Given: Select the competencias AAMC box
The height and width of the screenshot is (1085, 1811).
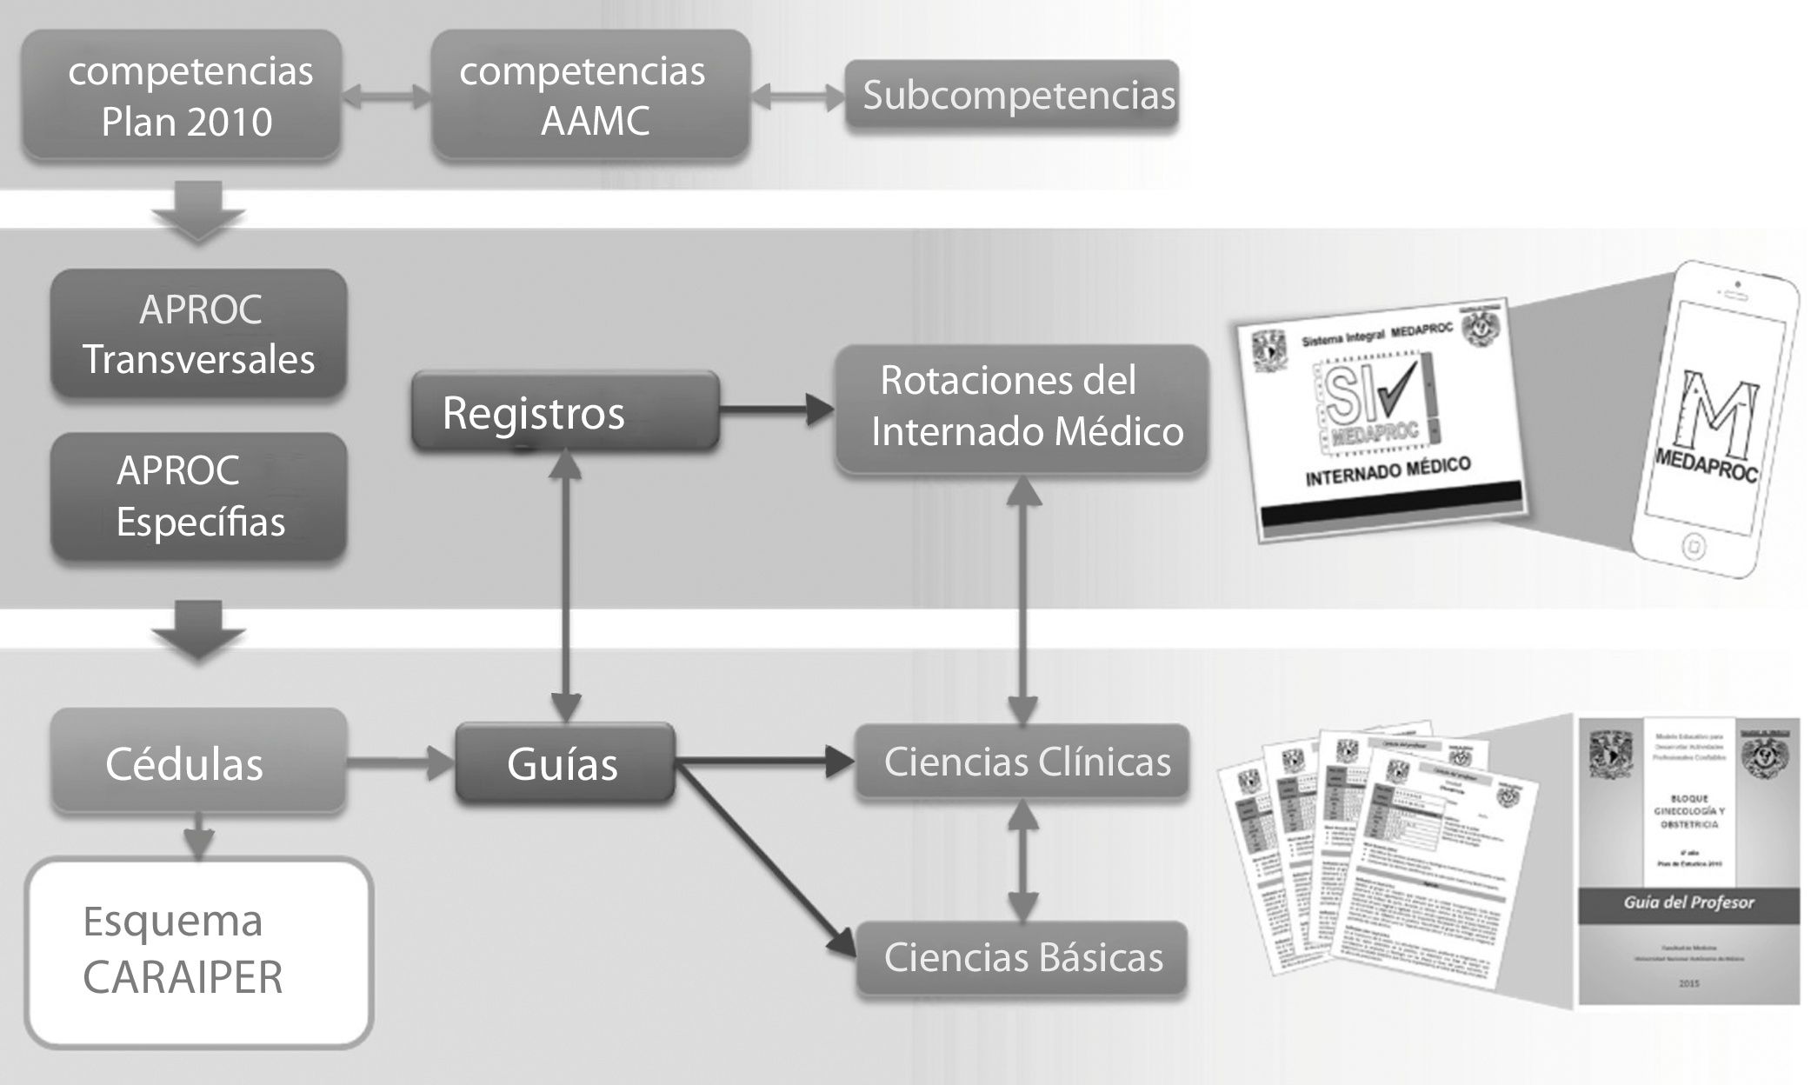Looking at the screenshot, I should coord(590,96).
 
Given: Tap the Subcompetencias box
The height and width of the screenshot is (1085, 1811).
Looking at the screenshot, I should coord(1012,96).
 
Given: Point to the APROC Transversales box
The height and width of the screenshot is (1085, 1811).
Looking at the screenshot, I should coord(199,335).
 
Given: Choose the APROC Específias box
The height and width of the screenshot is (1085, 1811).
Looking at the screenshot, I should coord(199,496).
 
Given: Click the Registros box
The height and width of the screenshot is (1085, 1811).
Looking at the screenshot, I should coord(565,412).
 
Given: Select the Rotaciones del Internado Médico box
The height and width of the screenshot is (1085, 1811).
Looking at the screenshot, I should coord(1022,407).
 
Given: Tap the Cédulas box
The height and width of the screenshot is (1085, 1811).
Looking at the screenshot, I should coord(199,763).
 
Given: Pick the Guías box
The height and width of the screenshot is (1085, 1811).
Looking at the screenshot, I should coord(565,763).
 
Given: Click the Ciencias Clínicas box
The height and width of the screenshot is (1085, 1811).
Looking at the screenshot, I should coord(1022,762).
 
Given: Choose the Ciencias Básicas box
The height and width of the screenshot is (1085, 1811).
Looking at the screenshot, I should coord(1022,957).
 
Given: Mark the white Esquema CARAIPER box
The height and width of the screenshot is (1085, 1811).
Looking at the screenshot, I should coord(199,951).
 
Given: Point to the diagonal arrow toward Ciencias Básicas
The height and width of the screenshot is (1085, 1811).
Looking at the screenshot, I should coord(765,861).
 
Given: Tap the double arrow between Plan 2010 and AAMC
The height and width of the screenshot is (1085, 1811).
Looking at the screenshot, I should coord(387,96).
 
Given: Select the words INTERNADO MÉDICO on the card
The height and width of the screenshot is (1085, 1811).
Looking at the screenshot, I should coord(1388,471).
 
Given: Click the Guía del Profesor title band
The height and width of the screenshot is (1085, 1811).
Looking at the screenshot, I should coord(1688,902).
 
